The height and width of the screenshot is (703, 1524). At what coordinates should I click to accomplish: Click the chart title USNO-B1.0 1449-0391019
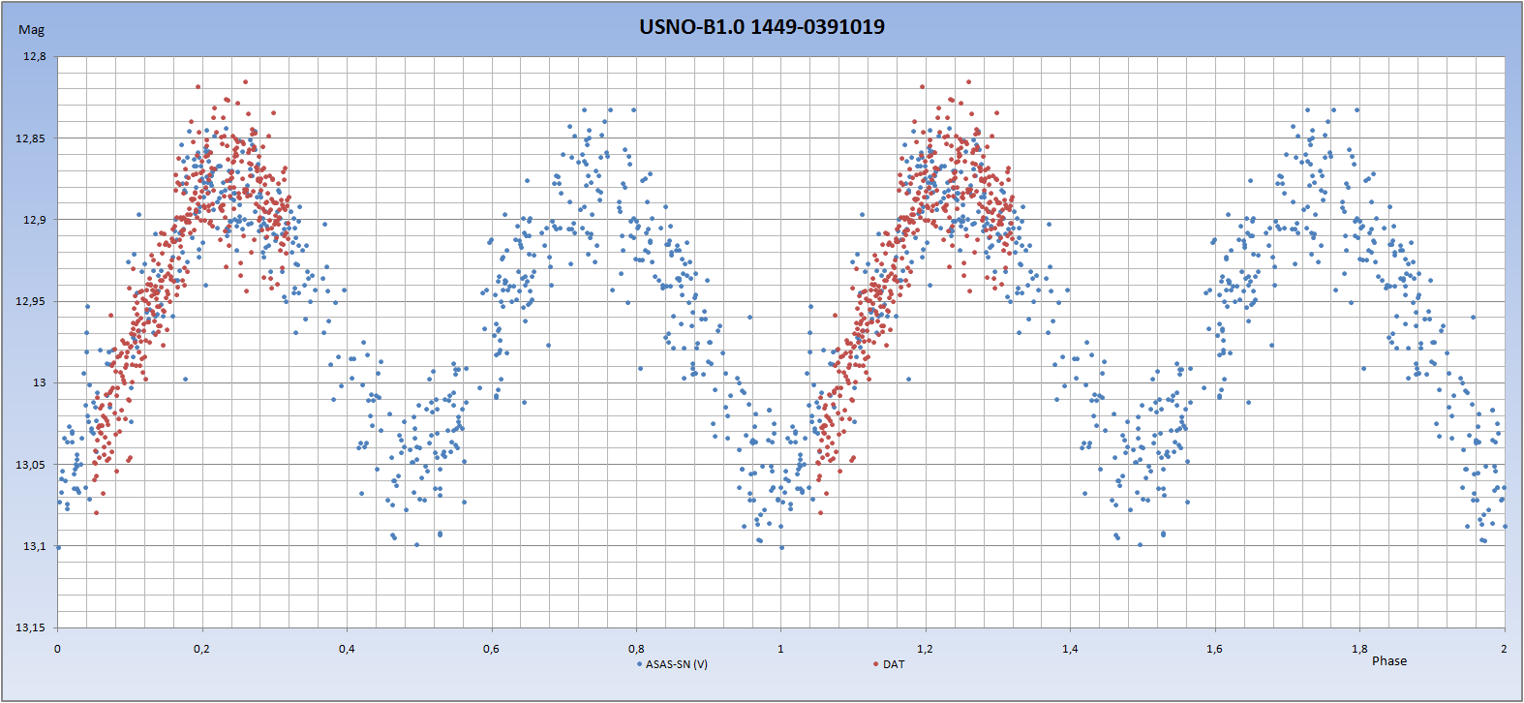[761, 27]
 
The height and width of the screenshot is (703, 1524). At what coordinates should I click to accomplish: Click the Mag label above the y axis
[32, 30]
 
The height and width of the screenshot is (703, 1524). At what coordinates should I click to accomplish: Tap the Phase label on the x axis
[1388, 661]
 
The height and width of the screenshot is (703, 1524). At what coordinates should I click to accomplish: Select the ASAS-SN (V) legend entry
[676, 664]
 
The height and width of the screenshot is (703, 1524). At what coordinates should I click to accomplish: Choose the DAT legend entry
[893, 664]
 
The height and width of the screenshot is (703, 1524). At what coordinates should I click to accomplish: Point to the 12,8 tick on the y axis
[35, 57]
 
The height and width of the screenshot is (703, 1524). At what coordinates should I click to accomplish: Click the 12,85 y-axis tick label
[33, 138]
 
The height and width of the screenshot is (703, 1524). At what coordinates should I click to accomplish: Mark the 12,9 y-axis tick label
[35, 220]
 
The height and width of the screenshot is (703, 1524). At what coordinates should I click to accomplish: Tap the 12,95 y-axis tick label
[33, 301]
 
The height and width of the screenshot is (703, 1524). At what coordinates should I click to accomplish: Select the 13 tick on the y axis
[39, 382]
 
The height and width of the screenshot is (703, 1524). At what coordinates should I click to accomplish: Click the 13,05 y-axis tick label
[33, 465]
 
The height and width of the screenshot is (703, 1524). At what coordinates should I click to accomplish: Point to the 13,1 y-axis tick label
[35, 546]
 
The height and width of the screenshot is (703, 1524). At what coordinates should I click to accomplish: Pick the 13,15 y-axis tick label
[33, 627]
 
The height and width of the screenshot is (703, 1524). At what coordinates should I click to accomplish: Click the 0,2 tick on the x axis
[201, 649]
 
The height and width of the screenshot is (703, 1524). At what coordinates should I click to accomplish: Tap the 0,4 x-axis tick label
[347, 649]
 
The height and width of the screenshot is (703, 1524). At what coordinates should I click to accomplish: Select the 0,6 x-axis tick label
[491, 649]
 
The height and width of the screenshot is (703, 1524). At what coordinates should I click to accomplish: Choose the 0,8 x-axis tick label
[636, 649]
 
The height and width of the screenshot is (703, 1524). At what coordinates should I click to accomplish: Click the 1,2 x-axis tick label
[925, 649]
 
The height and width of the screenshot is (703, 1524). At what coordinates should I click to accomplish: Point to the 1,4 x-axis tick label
[1070, 649]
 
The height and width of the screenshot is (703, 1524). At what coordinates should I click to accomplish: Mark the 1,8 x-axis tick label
[1359, 649]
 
